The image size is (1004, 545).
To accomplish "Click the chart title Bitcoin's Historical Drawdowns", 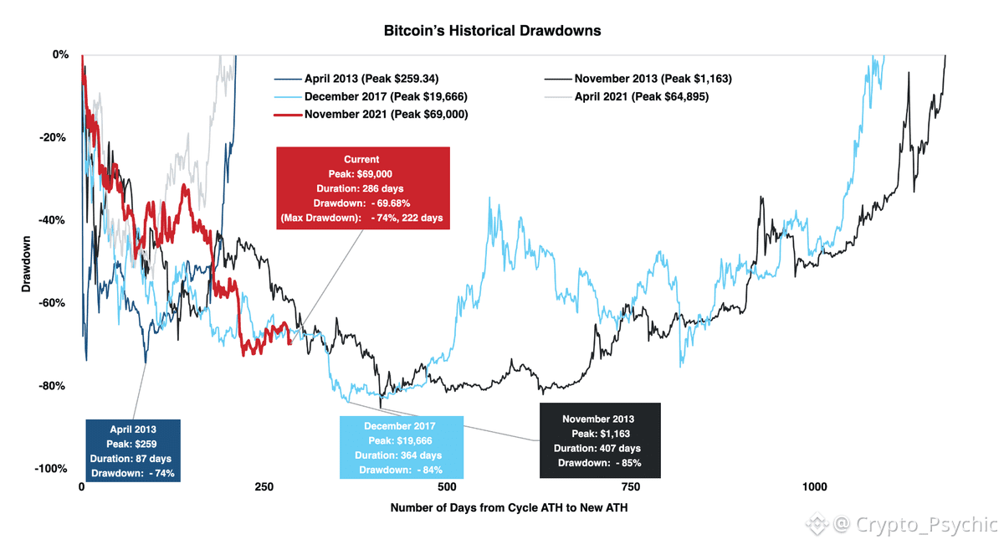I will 492,31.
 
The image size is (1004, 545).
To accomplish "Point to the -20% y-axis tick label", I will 54,137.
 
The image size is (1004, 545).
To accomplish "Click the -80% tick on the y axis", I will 54,386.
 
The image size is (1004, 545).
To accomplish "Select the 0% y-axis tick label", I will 60,54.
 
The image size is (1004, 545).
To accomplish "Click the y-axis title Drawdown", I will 26,261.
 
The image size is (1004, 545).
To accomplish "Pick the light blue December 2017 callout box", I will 402,448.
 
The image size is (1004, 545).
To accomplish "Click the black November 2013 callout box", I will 600,440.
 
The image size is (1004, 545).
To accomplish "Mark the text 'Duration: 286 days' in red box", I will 361,188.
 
